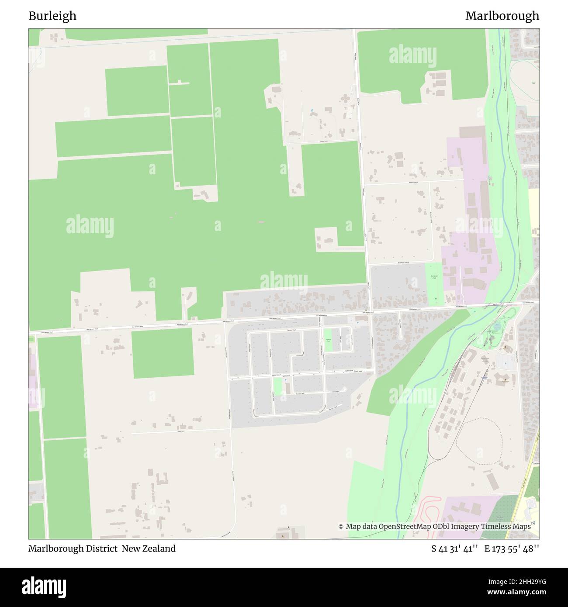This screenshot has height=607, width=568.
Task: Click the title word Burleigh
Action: tap(52, 16)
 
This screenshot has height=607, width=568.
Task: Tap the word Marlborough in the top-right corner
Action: tap(502, 16)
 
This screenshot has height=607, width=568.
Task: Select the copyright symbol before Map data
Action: tap(341, 527)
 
